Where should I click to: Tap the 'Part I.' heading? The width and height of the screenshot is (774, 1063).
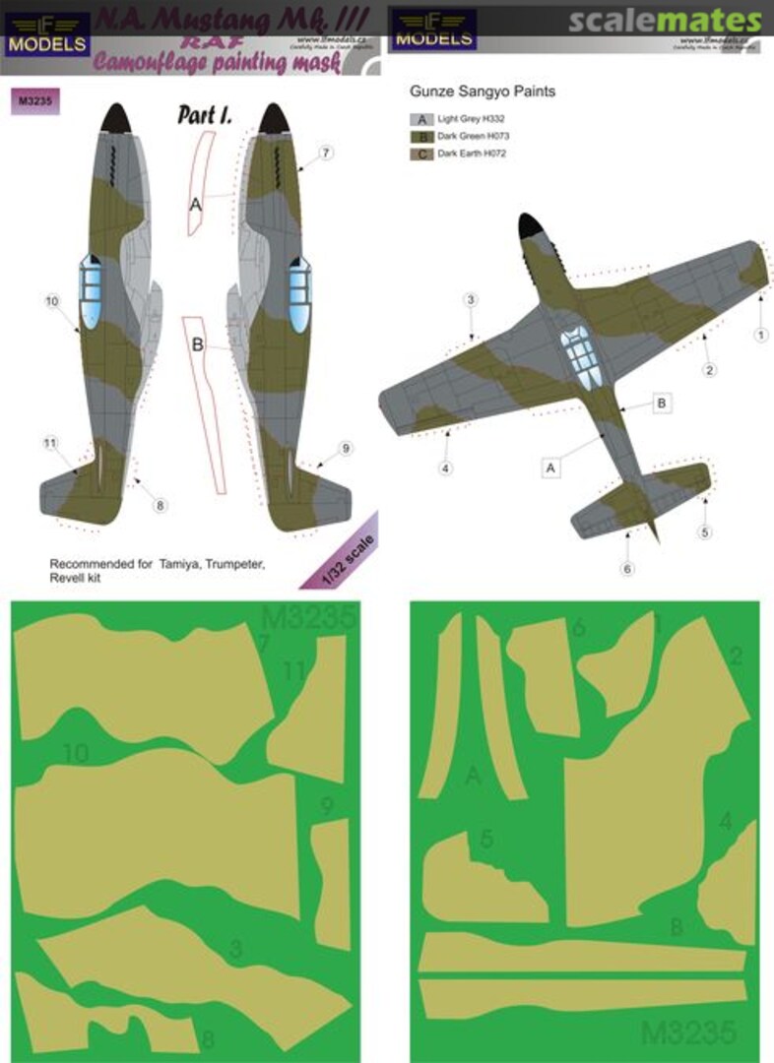tap(204, 115)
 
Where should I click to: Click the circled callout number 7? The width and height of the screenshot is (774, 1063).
tap(327, 153)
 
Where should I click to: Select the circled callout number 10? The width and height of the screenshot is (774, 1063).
tap(53, 301)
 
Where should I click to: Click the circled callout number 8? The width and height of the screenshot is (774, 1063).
tap(160, 506)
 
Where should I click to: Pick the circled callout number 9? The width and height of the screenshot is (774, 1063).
tap(346, 449)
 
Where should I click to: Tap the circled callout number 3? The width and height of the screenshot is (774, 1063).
tap(472, 299)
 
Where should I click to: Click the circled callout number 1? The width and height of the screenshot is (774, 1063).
tap(760, 335)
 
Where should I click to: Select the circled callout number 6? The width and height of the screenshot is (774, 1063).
tap(628, 569)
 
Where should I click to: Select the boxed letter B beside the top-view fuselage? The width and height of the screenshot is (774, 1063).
tap(662, 403)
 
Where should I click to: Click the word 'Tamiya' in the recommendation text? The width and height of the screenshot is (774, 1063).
tap(177, 564)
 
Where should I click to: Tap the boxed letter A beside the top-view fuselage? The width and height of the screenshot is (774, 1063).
tap(550, 469)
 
